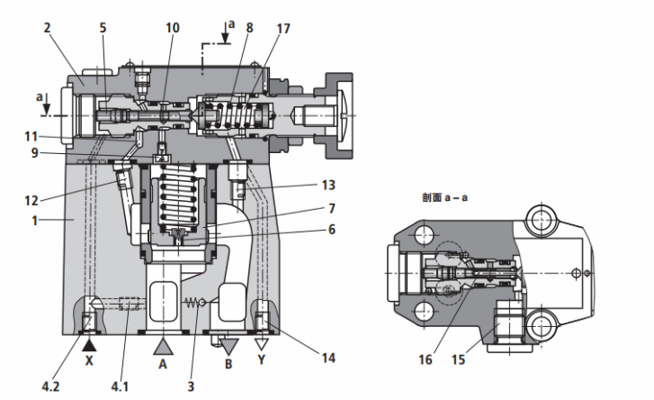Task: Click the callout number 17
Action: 283,29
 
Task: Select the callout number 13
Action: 328,185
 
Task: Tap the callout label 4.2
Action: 50,386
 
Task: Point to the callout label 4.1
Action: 120,386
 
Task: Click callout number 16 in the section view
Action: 426,359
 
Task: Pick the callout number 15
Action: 459,359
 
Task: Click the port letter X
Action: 89,360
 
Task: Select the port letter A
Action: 163,364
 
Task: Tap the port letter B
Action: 228,364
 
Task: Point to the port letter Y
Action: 262,359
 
